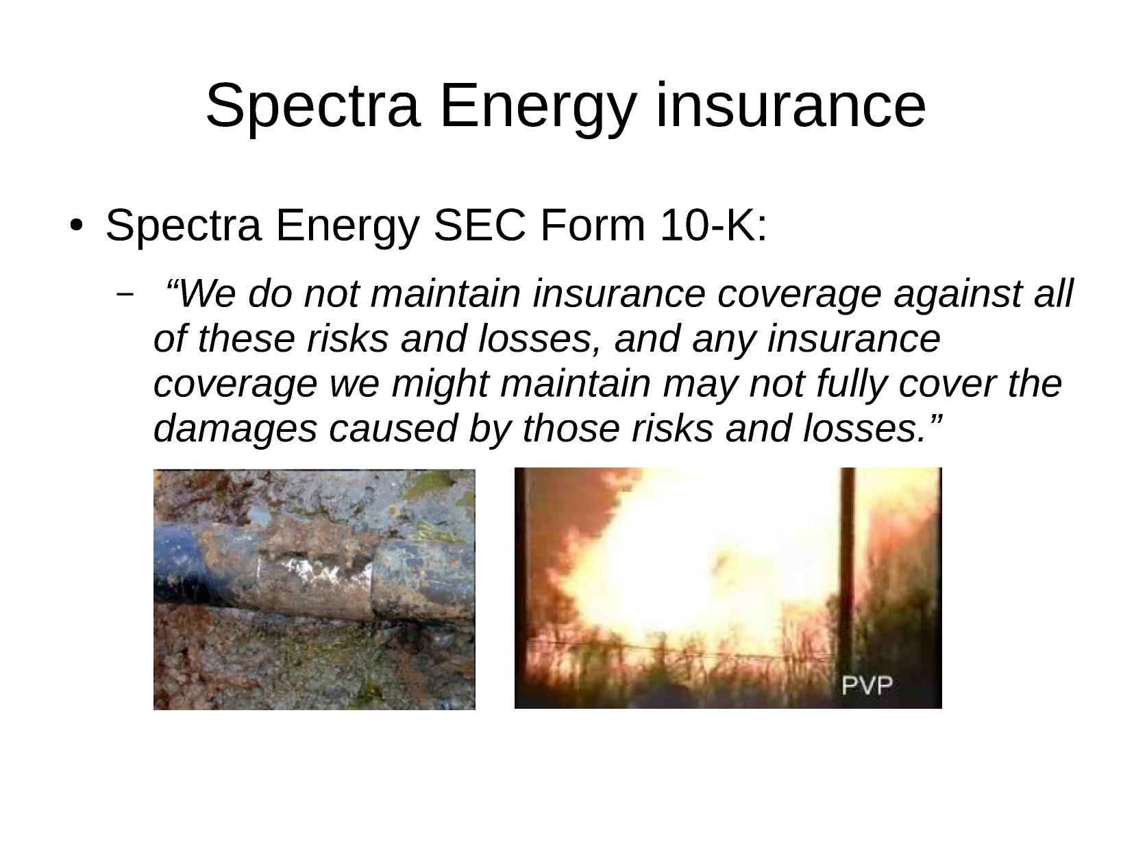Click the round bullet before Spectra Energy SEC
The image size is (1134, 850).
pos(76,226)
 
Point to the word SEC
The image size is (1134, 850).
pos(480,226)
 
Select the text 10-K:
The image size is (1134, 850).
pos(713,226)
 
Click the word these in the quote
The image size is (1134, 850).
pos(246,339)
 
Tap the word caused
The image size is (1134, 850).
pos(393,428)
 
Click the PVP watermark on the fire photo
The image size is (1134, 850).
pos(867,685)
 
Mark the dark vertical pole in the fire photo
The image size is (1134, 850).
pos(847,584)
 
